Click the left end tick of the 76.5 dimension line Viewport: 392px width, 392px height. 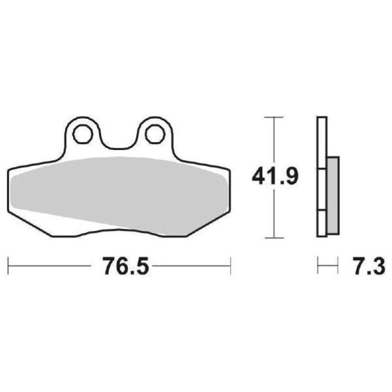(9, 267)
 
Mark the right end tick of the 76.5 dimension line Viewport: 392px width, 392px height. (230, 267)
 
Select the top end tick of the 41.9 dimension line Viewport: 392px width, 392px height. (274, 118)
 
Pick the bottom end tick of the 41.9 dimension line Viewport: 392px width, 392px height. (274, 237)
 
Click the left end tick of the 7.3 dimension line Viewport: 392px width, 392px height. (318, 267)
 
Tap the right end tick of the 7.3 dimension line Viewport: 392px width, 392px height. (338, 267)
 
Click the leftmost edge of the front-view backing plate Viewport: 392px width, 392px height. (9, 191)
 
